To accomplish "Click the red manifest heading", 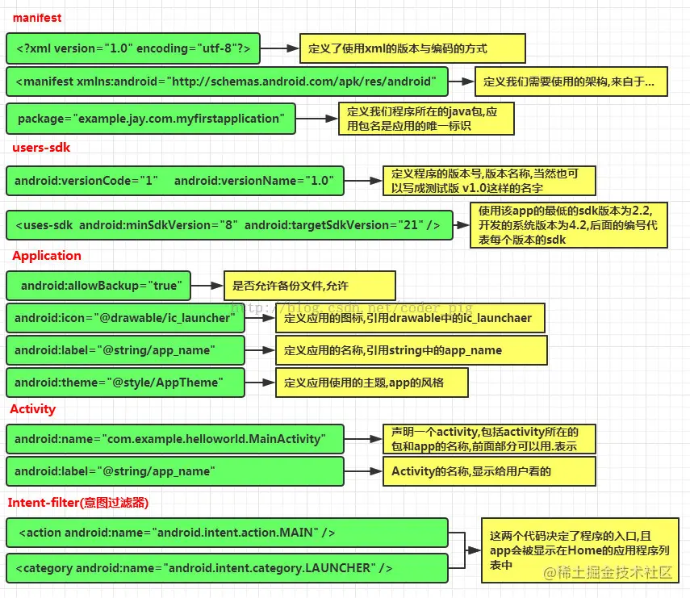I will tap(37, 17).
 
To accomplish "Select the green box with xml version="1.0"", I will tap(134, 50).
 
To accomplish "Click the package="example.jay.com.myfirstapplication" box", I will tap(150, 119).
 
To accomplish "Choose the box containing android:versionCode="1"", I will tap(174, 181).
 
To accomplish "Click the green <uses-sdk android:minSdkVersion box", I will tap(228, 225).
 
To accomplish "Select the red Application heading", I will tap(47, 256).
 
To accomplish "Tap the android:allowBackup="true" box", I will tap(98, 286).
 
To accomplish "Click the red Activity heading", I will tap(32, 409).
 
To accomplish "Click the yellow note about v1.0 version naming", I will tap(488, 180).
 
